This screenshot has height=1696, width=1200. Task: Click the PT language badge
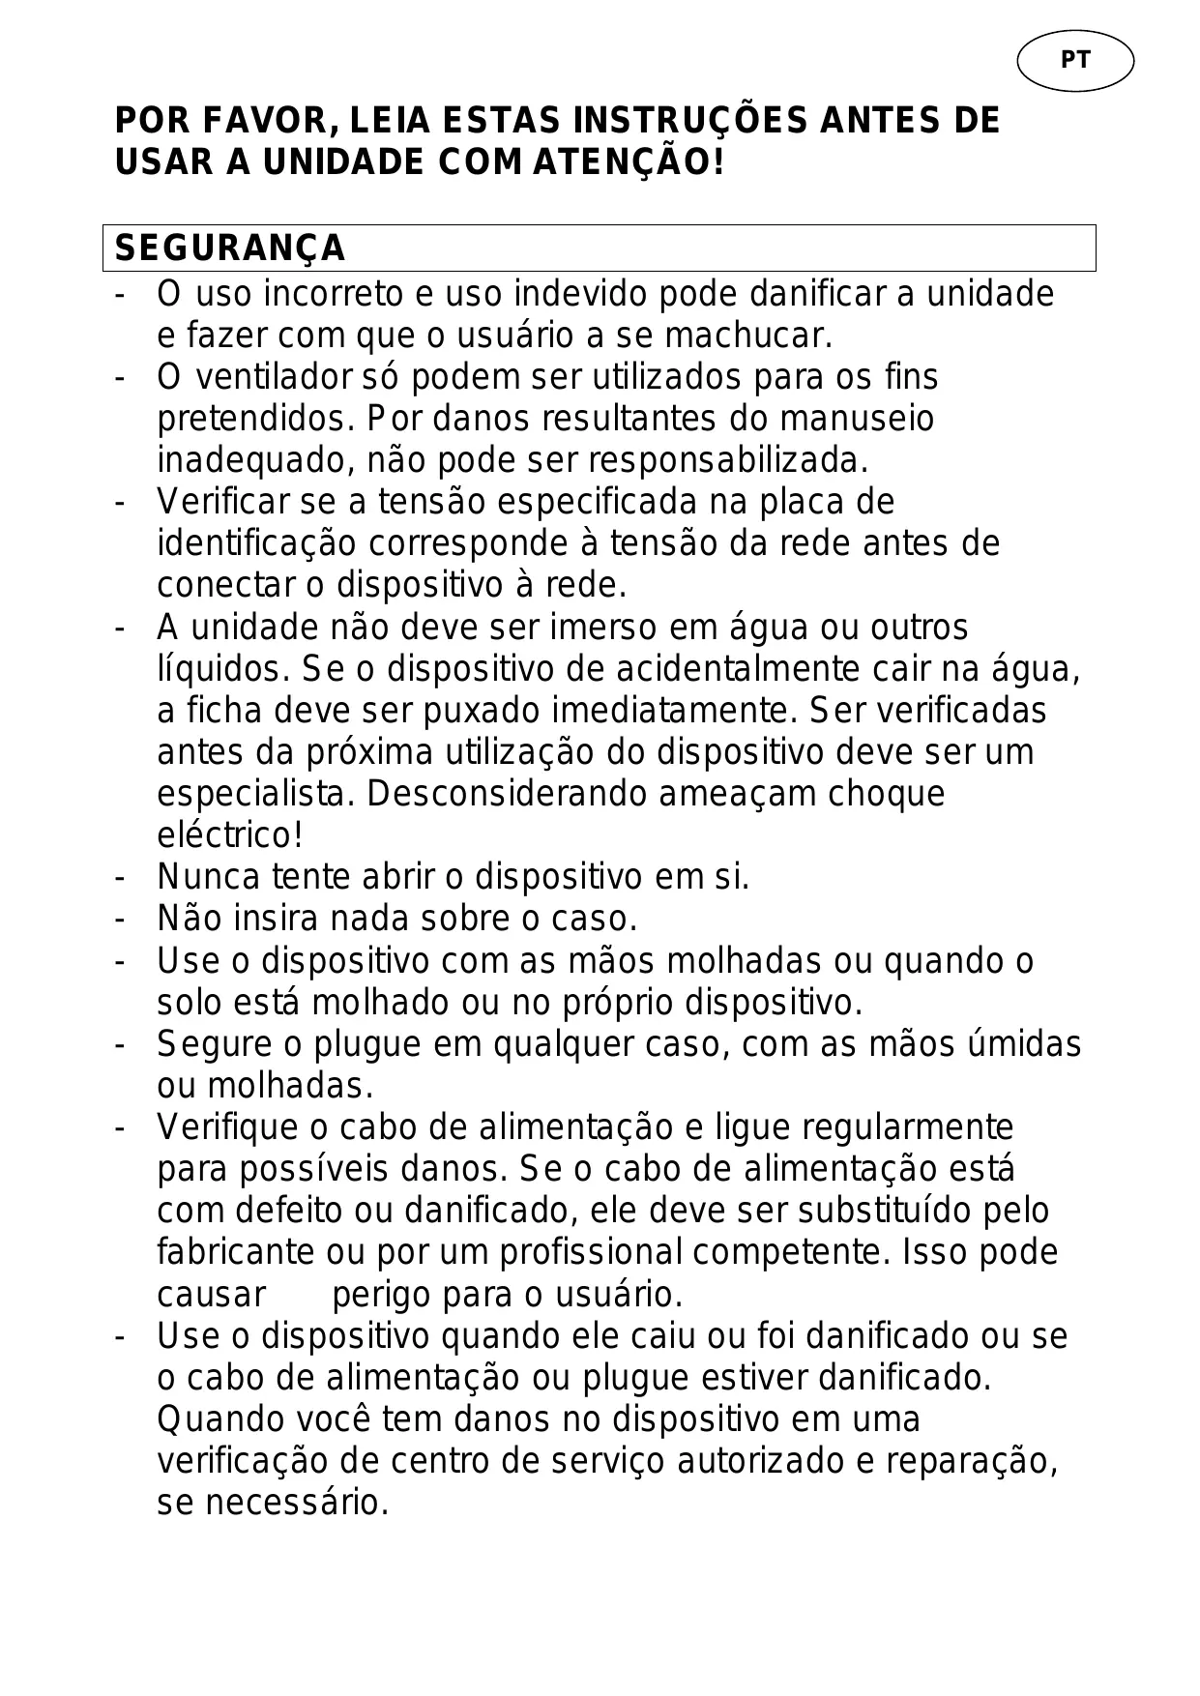[x=1074, y=60]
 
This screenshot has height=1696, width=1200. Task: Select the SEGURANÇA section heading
[x=230, y=249]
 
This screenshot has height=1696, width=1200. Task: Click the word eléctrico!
[x=230, y=834]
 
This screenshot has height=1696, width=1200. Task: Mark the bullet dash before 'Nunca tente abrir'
[x=119, y=877]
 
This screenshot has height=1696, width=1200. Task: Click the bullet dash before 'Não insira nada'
[x=119, y=919]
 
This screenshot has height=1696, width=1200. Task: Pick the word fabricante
[x=235, y=1252]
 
